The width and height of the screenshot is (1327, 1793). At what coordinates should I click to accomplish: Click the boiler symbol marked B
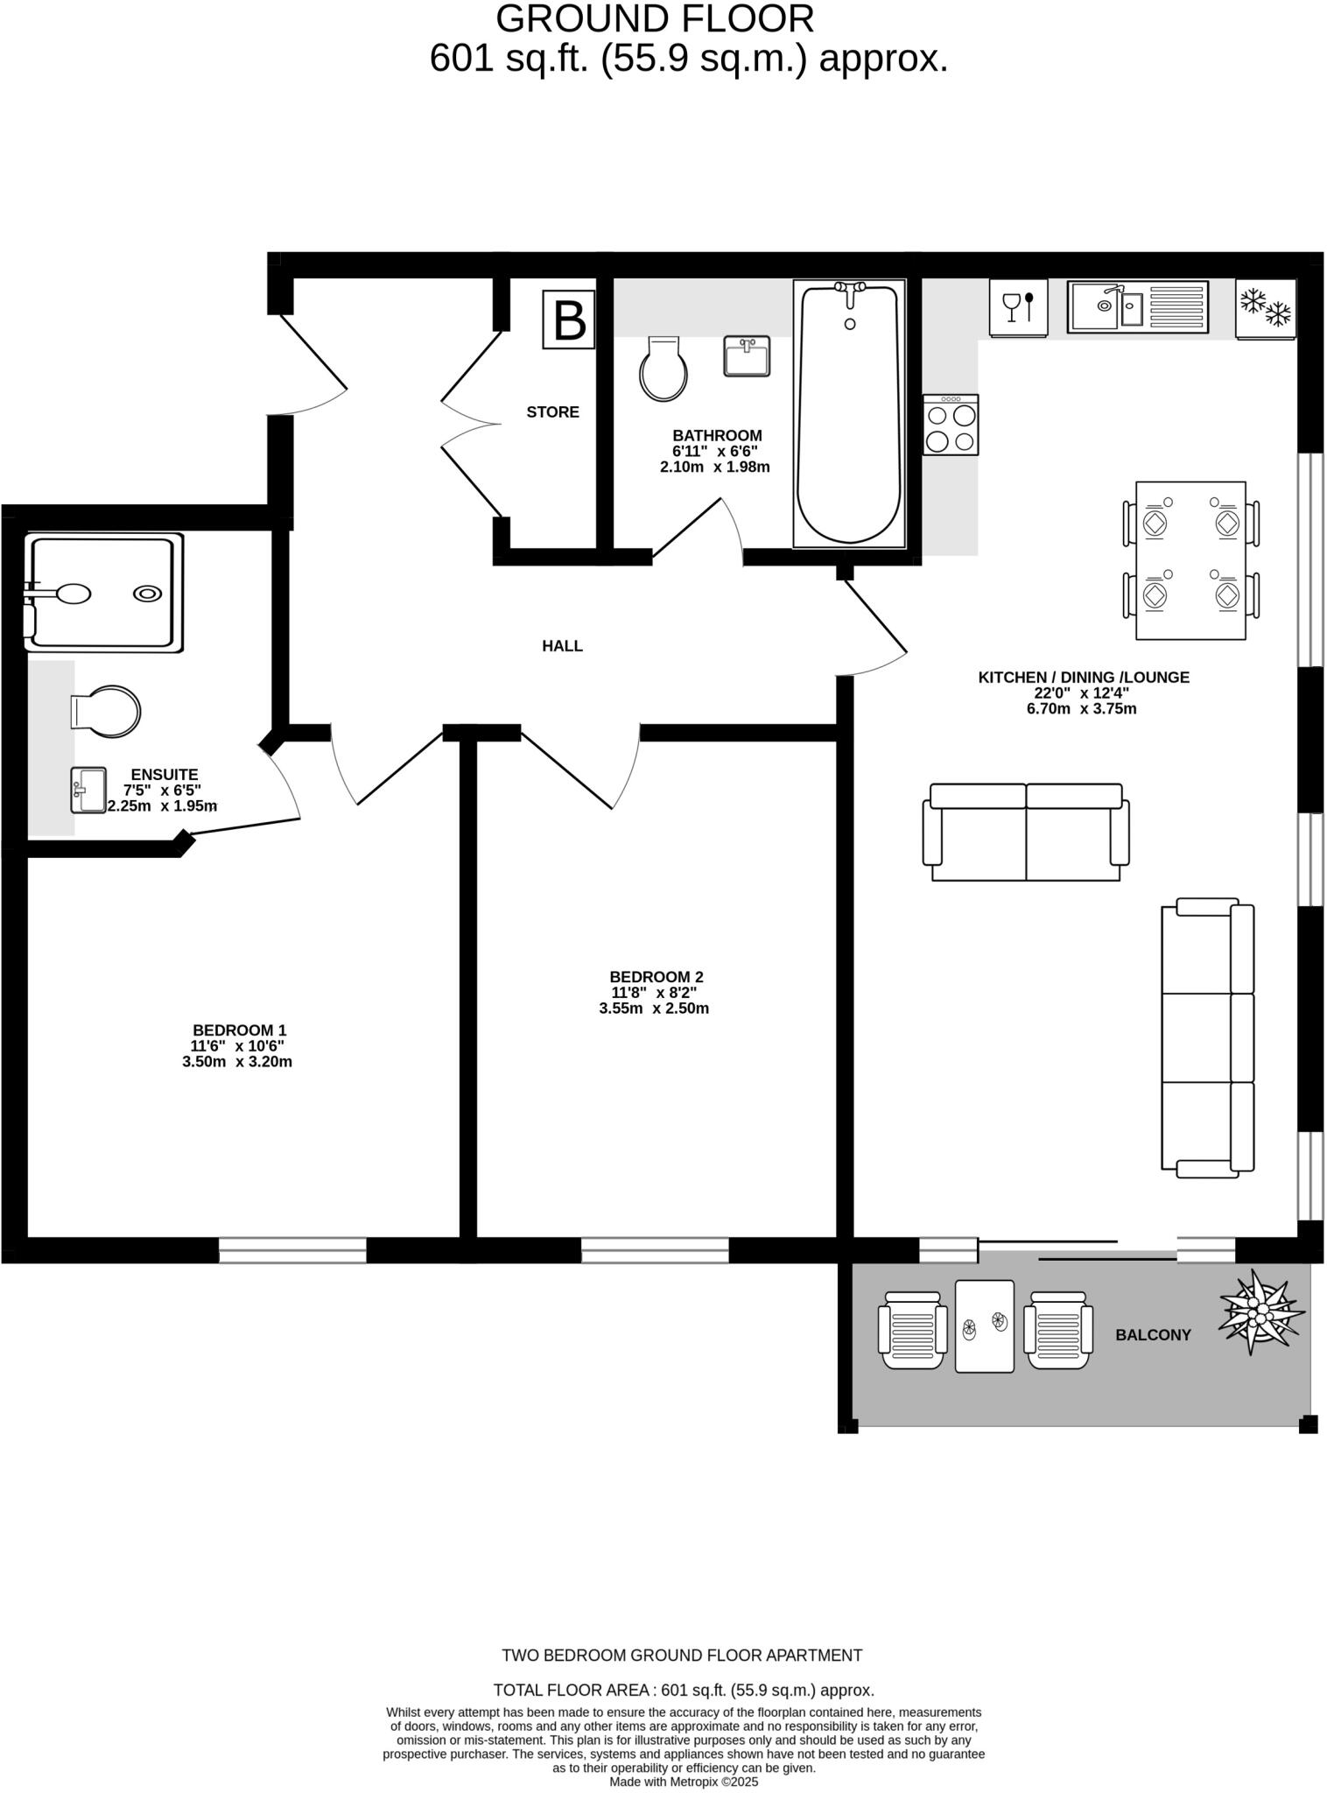pyautogui.click(x=569, y=320)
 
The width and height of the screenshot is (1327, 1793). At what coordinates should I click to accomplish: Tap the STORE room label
pyautogui.click(x=552, y=411)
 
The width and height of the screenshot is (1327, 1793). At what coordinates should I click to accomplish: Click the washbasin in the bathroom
pyautogui.click(x=747, y=356)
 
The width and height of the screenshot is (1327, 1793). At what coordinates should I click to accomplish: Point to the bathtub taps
pyautogui.click(x=849, y=289)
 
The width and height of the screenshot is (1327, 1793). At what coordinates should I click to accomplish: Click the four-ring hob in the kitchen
pyautogui.click(x=951, y=425)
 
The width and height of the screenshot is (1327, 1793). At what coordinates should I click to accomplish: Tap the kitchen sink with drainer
pyautogui.click(x=1137, y=306)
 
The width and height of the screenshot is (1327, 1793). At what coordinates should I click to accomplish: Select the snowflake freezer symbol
pyautogui.click(x=1266, y=307)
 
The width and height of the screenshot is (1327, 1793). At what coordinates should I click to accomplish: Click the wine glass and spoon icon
pyautogui.click(x=1018, y=307)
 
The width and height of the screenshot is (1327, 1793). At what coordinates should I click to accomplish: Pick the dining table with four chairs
pyautogui.click(x=1190, y=560)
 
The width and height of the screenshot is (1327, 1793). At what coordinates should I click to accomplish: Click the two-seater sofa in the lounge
pyautogui.click(x=1026, y=833)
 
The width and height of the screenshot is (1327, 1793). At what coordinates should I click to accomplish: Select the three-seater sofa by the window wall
pyautogui.click(x=1208, y=1037)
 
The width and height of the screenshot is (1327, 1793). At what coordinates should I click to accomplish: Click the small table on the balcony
pyautogui.click(x=984, y=1325)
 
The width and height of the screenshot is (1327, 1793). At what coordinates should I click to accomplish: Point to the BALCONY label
pyautogui.click(x=1153, y=1335)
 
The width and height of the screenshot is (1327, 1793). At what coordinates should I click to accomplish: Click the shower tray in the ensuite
pyautogui.click(x=105, y=593)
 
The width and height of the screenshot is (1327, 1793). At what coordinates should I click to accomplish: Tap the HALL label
pyautogui.click(x=562, y=646)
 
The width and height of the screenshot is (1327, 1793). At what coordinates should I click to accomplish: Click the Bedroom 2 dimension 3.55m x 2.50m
pyautogui.click(x=654, y=1009)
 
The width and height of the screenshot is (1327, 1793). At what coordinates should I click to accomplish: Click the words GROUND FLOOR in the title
pyautogui.click(x=655, y=19)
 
